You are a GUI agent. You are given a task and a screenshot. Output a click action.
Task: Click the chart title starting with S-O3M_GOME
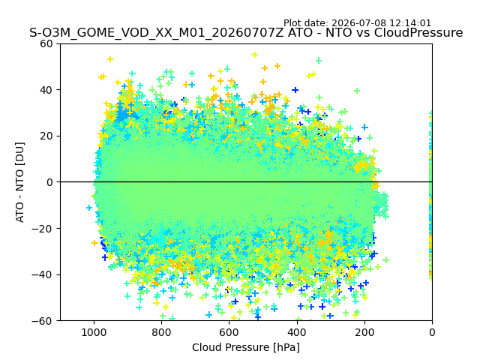[x=246, y=33]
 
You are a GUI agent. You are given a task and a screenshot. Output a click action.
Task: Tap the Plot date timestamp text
[x=357, y=23]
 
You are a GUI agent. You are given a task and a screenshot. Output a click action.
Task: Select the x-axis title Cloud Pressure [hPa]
[x=246, y=347]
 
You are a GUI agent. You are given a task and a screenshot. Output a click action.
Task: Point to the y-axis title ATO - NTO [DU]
[x=20, y=182]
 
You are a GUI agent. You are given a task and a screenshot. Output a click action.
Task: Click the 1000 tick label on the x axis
[x=94, y=332]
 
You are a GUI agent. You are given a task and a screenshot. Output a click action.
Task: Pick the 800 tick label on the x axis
[x=162, y=332]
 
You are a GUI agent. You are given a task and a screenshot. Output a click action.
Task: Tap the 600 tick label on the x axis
[x=229, y=332]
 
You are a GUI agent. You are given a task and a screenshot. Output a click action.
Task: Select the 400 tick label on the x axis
[x=297, y=332]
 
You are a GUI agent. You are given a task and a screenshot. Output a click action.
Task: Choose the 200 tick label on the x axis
[x=364, y=332]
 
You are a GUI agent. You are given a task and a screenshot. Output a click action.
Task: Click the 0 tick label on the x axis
[x=432, y=332]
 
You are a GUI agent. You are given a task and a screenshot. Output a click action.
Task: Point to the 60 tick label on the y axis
[x=46, y=43]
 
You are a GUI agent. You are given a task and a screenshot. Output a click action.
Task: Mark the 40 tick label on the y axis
[x=46, y=90]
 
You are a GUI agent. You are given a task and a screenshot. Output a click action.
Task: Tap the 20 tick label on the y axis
[x=46, y=136]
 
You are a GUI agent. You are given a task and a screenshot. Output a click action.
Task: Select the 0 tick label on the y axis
[x=49, y=182]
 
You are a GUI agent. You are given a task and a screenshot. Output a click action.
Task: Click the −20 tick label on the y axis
[x=42, y=229]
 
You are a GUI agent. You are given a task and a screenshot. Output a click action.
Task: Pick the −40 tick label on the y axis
[x=42, y=275]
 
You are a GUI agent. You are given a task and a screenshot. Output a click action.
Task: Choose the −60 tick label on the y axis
[x=42, y=321]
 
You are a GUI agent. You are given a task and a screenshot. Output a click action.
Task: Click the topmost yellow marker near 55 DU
[x=255, y=55]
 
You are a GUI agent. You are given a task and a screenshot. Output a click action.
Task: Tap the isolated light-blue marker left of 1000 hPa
[x=89, y=208]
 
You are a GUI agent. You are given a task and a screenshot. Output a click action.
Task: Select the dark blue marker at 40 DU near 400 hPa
[x=295, y=90]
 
